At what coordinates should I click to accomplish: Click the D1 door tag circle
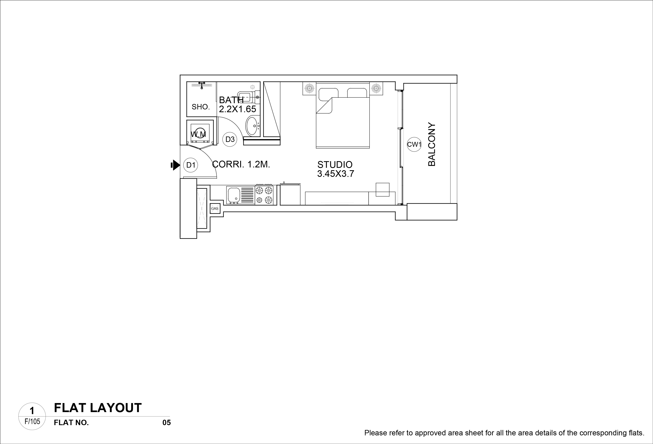[191, 165]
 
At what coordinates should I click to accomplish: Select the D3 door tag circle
[230, 139]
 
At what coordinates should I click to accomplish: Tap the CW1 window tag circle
[414, 145]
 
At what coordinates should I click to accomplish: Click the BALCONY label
[432, 145]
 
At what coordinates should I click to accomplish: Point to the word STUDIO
[335, 164]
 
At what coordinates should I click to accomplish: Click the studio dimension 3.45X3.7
[335, 174]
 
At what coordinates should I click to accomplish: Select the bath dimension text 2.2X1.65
[237, 109]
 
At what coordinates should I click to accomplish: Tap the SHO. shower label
[201, 107]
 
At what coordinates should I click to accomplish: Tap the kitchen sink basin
[233, 195]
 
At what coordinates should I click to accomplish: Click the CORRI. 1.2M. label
[241, 164]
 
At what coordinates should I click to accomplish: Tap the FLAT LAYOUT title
[98, 408]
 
